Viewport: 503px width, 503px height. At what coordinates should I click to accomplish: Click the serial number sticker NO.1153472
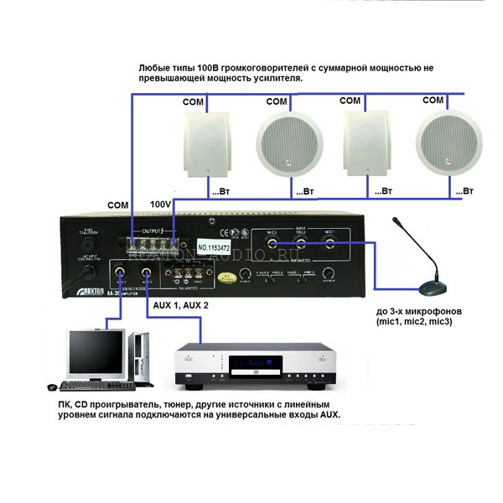(217, 249)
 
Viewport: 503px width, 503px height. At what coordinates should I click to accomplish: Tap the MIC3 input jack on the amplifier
(273, 247)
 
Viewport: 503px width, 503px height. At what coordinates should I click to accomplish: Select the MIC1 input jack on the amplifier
(333, 247)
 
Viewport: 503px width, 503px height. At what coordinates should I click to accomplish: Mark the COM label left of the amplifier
(119, 205)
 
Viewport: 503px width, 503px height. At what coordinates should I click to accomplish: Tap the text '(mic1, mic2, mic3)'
(415, 321)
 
